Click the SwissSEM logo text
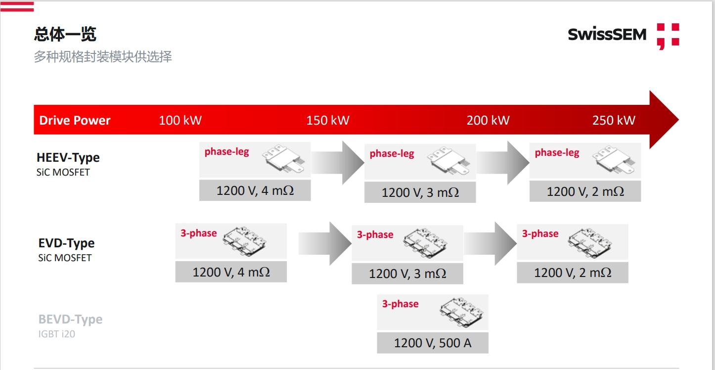click(607, 35)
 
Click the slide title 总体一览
click(65, 34)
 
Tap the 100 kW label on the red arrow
click(180, 120)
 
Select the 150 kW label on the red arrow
click(328, 120)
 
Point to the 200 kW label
click(488, 120)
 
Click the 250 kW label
click(614, 120)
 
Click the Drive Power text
click(75, 120)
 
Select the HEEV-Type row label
click(68, 158)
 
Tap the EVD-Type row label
click(66, 243)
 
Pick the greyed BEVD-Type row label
click(70, 320)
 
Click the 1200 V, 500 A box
click(433, 343)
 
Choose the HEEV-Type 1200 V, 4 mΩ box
click(255, 191)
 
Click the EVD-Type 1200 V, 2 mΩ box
click(572, 273)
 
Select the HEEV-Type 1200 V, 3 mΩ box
click(420, 192)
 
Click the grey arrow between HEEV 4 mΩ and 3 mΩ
click(338, 162)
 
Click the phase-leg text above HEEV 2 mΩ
click(557, 152)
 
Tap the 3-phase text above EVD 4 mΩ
click(199, 233)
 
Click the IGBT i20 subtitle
click(57, 334)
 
